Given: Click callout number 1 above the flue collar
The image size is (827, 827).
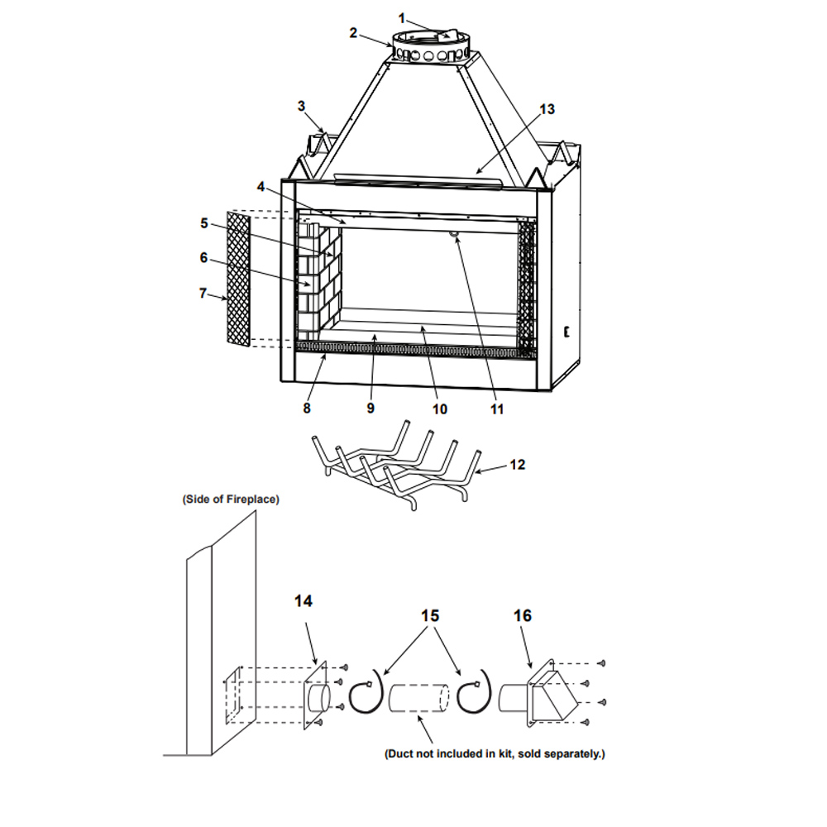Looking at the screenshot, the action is pyautogui.click(x=401, y=19).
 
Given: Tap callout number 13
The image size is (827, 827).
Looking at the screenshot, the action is pyautogui.click(x=547, y=109).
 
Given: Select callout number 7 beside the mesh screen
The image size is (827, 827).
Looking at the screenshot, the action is pyautogui.click(x=203, y=293).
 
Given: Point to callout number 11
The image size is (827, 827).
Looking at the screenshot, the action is pyautogui.click(x=497, y=409).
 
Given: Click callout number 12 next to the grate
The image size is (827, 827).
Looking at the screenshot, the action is pyautogui.click(x=518, y=465).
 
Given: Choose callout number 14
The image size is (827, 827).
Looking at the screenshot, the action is pyautogui.click(x=304, y=601).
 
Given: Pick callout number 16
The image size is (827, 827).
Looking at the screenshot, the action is pyautogui.click(x=523, y=615).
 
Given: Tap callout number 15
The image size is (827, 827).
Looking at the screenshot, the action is pyautogui.click(x=430, y=615).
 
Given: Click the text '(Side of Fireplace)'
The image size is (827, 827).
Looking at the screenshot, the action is pyautogui.click(x=231, y=499).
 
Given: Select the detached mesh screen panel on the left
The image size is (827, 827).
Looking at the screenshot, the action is pyautogui.click(x=238, y=279).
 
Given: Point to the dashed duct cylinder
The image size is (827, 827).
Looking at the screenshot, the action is pyautogui.click(x=418, y=698).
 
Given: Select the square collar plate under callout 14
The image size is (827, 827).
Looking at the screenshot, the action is pyautogui.click(x=316, y=696).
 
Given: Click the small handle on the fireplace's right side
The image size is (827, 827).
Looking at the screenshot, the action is pyautogui.click(x=567, y=332).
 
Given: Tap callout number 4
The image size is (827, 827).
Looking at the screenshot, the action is pyautogui.click(x=261, y=187).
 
